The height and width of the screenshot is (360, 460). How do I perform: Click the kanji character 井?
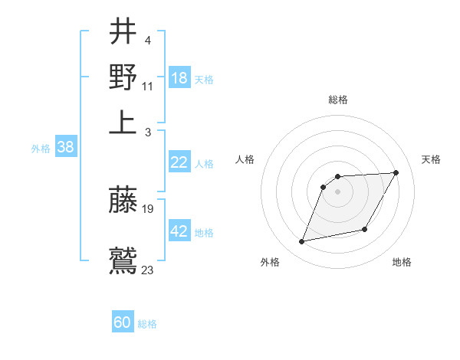(x=123, y=32)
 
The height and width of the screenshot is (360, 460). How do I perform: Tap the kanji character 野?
(x=123, y=77)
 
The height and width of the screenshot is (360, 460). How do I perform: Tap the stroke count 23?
(x=148, y=269)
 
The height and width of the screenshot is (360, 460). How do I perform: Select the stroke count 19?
(x=148, y=208)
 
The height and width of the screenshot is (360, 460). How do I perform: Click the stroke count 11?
(x=148, y=86)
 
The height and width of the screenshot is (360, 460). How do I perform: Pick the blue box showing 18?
(x=179, y=78)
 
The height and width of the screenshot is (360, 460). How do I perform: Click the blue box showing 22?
(x=179, y=162)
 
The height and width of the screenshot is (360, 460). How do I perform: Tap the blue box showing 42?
(x=179, y=231)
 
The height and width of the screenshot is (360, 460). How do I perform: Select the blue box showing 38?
(x=65, y=148)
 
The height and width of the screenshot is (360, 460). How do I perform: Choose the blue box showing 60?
(x=123, y=323)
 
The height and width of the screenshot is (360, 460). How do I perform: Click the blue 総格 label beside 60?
(x=147, y=324)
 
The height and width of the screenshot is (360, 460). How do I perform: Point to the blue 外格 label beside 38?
(x=41, y=149)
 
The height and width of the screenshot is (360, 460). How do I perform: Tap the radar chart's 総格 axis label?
(x=337, y=100)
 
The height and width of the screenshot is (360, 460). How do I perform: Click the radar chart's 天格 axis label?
(x=431, y=159)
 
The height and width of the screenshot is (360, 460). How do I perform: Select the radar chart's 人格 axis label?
(x=245, y=159)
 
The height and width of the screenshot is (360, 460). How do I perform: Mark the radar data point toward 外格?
(x=302, y=242)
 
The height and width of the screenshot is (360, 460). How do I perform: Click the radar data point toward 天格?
(x=396, y=173)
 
